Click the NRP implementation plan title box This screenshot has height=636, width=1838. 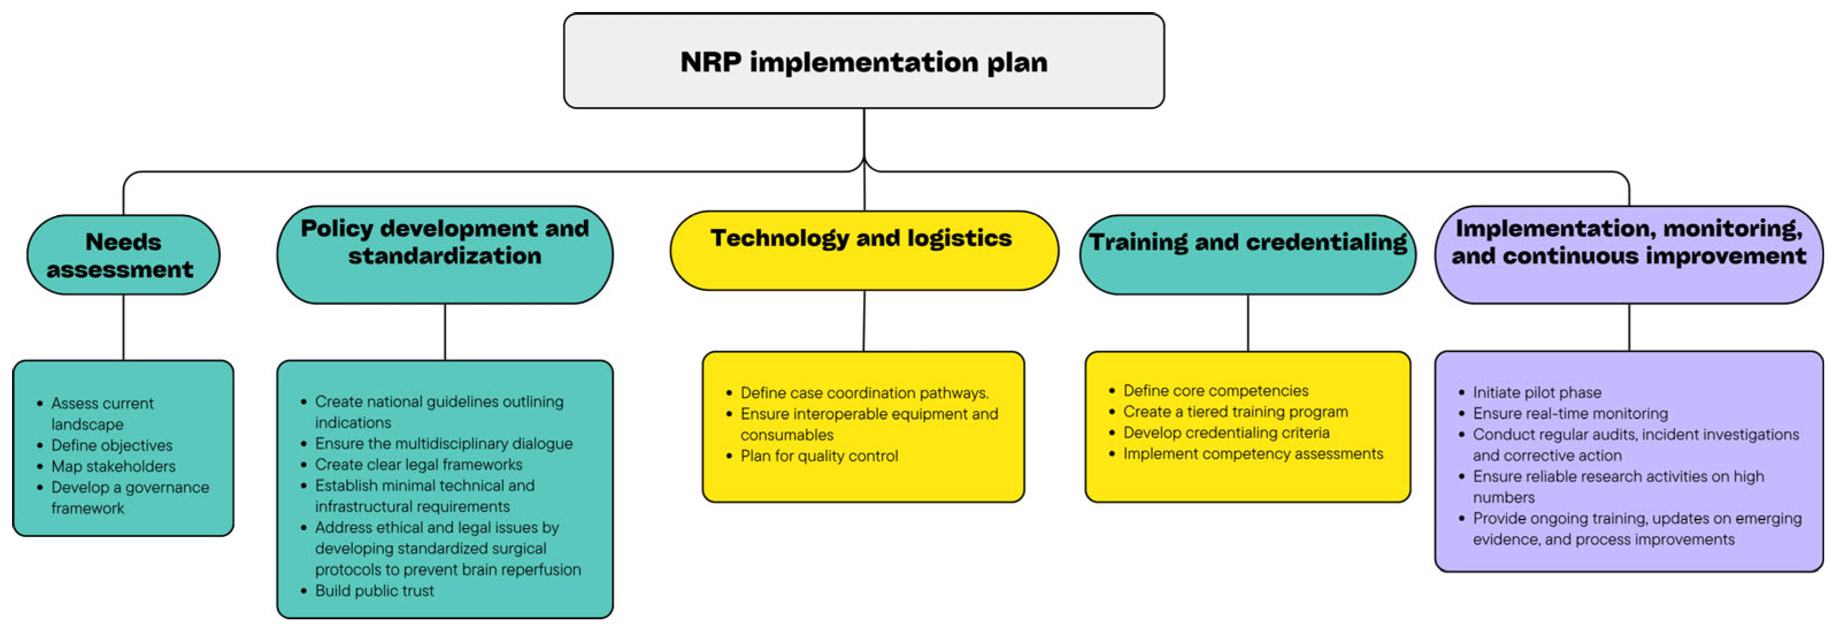864,62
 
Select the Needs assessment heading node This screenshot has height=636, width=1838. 122,255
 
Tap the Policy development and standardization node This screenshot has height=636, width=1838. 444,255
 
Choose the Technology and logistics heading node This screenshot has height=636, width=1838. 864,250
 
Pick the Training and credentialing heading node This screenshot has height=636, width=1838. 1247,255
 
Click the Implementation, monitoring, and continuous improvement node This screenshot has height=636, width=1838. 1628,255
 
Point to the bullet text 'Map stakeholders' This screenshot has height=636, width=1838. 113,466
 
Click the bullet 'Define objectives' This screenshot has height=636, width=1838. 112,446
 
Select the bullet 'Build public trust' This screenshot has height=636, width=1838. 374,591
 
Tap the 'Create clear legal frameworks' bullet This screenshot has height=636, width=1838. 418,465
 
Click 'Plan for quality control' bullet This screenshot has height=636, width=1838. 819,456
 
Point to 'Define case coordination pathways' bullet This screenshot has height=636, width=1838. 864,393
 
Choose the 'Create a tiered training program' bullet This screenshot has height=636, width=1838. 1235,412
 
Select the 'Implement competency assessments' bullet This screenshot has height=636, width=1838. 1252,454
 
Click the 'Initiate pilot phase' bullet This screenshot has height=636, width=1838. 1536,393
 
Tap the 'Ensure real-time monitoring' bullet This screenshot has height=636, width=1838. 1570,414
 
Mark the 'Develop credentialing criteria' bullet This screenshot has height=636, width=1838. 1226,432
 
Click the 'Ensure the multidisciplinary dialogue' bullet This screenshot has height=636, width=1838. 443,444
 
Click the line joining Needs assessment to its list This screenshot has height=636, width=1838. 124,327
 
